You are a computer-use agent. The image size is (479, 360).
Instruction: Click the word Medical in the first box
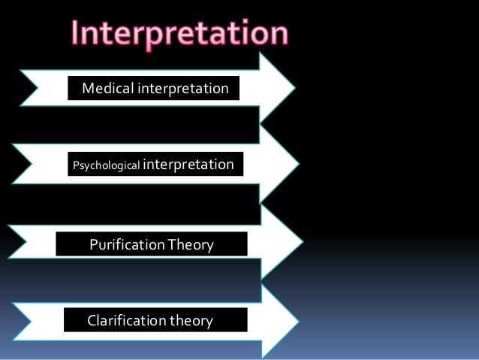(106, 89)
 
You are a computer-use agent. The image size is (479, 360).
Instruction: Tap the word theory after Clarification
(191, 321)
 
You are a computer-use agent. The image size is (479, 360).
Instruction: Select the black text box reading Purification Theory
(152, 244)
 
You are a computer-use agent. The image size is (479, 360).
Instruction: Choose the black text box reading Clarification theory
(156, 321)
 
